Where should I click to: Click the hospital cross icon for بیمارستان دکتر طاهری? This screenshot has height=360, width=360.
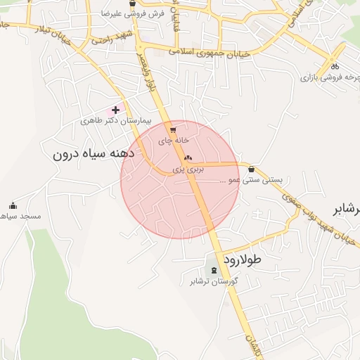115,110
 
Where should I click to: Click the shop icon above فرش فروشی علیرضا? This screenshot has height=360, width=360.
132,3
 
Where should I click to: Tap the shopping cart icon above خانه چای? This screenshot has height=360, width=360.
173,130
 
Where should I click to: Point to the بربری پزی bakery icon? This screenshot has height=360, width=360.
188,158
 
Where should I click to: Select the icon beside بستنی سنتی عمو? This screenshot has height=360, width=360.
252,168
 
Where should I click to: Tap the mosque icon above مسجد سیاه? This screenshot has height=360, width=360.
13,206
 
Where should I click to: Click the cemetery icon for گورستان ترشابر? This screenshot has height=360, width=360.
214,271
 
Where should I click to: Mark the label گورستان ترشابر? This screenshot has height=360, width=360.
214,281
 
